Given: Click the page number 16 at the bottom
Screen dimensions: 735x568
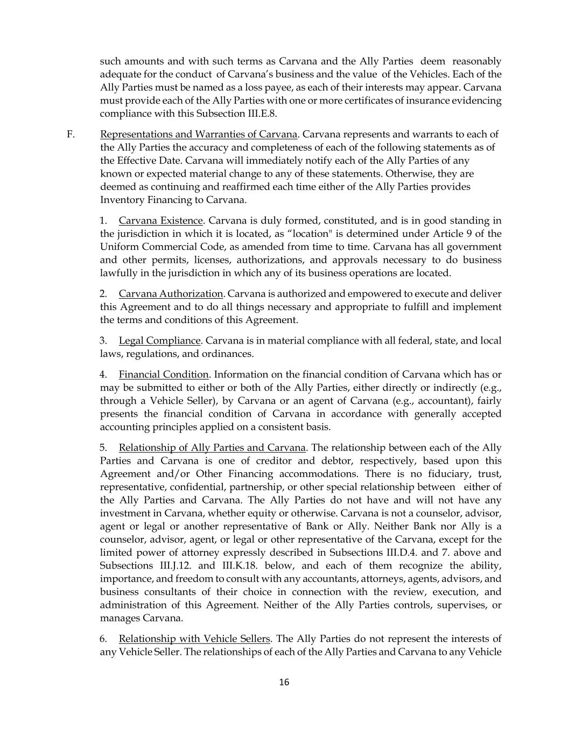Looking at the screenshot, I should pyautogui.click(x=284, y=682).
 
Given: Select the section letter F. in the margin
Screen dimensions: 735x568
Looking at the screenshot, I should pyautogui.click(x=71, y=134).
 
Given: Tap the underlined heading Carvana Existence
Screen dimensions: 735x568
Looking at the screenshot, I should pyautogui.click(x=160, y=221).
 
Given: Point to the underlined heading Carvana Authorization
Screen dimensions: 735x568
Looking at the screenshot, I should pyautogui.click(x=171, y=294).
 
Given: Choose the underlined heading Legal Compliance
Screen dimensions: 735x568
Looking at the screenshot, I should pyautogui.click(x=159, y=341).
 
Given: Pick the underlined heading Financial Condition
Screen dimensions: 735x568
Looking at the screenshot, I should pyautogui.click(x=164, y=375).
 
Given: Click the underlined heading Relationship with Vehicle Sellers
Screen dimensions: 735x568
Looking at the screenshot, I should pyautogui.click(x=194, y=639).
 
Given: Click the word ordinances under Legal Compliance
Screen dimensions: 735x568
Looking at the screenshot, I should pyautogui.click(x=227, y=354).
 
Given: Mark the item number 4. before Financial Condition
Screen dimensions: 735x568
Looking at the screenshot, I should pyautogui.click(x=104, y=375).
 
